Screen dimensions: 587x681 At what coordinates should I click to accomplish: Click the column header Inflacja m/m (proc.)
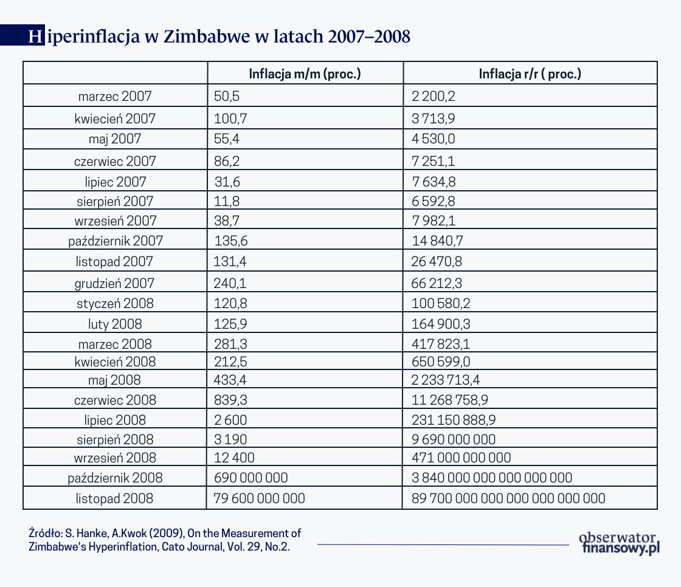pos(305,74)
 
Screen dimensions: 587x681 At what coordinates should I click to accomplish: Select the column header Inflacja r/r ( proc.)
pos(530,74)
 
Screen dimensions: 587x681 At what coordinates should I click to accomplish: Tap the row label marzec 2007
pos(115,96)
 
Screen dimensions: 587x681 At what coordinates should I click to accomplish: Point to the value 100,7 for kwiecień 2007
pos(227,118)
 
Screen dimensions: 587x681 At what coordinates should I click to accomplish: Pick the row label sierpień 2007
pos(115,201)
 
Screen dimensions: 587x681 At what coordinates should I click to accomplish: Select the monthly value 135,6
pos(231,241)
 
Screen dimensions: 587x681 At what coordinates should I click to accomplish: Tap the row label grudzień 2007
pos(115,283)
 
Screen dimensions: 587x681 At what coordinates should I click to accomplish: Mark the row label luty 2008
pos(115,324)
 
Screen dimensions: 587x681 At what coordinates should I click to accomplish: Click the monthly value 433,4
pos(230,380)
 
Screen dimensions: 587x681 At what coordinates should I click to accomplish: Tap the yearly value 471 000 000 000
pos(461,458)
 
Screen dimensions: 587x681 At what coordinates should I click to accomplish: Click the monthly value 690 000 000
pos(251,478)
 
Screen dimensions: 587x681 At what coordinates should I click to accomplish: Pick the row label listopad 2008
pos(115,499)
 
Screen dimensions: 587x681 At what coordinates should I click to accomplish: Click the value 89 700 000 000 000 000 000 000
pos(508,499)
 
